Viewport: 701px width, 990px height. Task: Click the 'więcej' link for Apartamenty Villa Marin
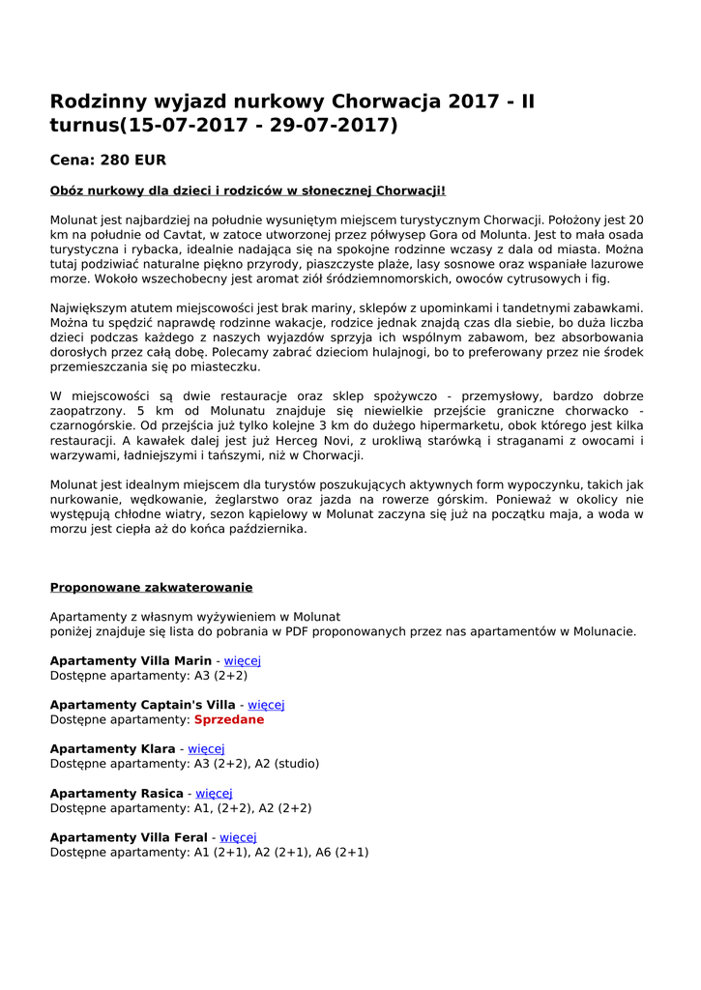pos(243,660)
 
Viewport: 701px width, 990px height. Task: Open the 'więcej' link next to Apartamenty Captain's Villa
pos(266,705)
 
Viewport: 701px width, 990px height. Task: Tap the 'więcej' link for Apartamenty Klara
pos(206,749)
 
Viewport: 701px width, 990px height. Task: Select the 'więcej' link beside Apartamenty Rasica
pos(214,794)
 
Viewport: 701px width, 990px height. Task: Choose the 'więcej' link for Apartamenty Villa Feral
pos(238,837)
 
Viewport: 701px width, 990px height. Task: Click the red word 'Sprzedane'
pos(228,720)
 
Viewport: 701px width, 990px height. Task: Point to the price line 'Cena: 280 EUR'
pos(108,160)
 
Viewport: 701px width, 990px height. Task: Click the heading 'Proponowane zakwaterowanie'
pos(151,587)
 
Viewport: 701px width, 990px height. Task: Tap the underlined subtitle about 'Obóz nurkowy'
pos(248,190)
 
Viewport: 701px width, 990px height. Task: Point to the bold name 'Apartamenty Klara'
pos(112,749)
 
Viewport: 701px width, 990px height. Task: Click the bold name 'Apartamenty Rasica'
pos(116,794)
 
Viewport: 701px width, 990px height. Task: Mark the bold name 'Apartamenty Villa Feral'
pos(129,837)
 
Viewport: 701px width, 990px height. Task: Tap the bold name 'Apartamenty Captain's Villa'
pos(142,705)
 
